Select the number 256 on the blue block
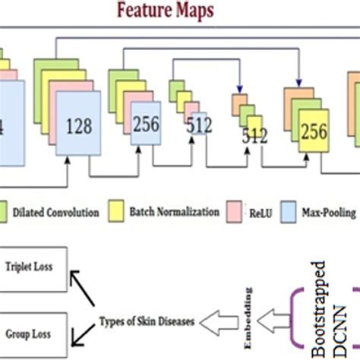pos(146,125)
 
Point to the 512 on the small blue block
pos(199,125)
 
